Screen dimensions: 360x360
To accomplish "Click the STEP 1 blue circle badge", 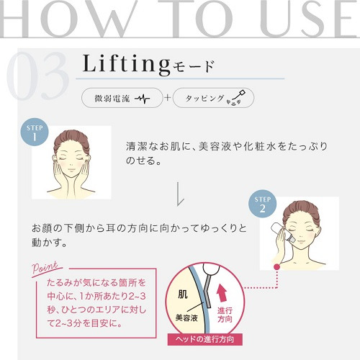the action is (x=35, y=132).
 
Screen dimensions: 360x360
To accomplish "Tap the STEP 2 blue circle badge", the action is (x=263, y=204).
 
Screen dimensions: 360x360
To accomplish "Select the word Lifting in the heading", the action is (x=126, y=63).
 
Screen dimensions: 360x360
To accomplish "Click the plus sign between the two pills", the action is (x=168, y=98).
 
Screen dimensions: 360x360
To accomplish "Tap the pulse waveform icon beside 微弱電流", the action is (x=143, y=99).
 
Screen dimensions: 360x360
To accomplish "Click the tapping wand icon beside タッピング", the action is (x=236, y=98).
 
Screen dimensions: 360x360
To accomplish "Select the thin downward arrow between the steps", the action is (x=179, y=194).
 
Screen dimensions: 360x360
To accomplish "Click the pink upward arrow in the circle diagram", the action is (x=222, y=292).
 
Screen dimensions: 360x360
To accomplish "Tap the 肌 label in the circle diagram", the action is (x=183, y=294).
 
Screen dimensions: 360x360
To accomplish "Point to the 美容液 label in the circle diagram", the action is (x=186, y=318).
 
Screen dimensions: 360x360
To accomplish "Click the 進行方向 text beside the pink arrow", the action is (x=225, y=315).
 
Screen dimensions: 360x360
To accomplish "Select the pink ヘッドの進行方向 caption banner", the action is (x=205, y=339).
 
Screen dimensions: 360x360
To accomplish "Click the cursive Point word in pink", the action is (x=45, y=267).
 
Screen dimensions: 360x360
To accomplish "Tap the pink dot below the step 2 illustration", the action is (x=277, y=266).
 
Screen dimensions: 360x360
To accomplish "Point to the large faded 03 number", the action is (x=37, y=76).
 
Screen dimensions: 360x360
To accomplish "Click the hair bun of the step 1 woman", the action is (x=71, y=139).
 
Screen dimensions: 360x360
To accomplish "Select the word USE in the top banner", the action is (x=310, y=19).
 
